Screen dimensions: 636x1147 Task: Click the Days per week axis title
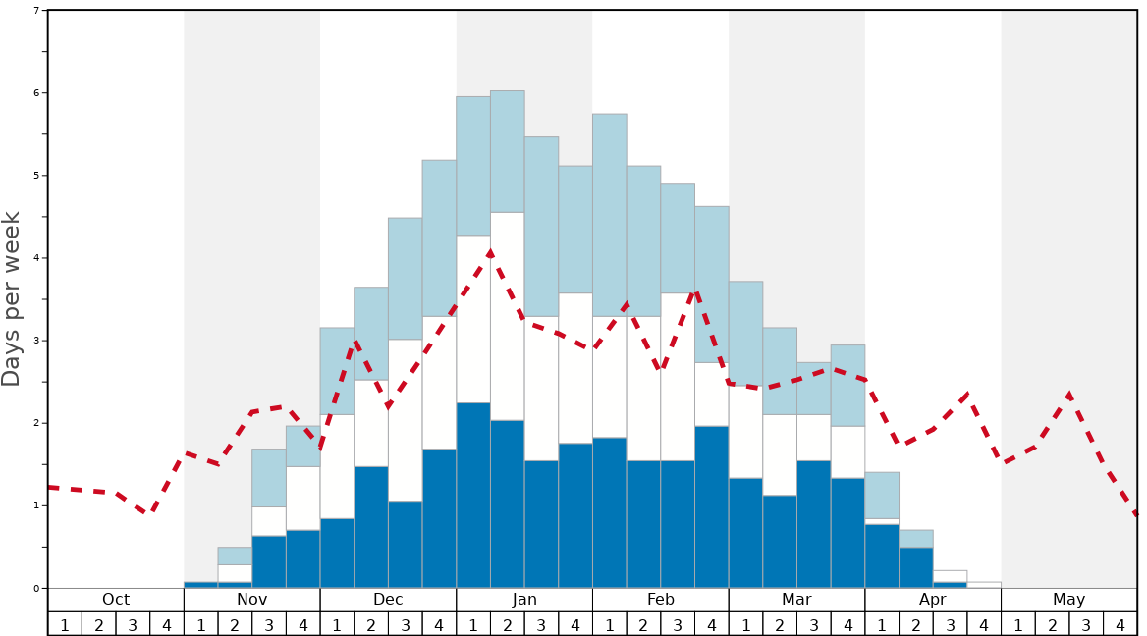coord(12,298)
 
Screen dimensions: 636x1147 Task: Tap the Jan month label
coord(524,600)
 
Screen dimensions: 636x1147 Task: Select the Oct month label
coord(116,600)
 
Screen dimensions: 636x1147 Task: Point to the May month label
coord(1069,600)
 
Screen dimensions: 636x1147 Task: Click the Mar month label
coord(796,600)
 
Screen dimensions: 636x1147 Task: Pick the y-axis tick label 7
coord(36,11)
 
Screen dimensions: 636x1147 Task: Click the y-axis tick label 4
coord(36,258)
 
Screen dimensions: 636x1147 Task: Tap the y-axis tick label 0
coord(36,589)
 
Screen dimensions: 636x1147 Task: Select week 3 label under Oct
coord(133,624)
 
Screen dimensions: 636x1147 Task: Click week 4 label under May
coord(1120,624)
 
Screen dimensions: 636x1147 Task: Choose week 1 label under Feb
coord(610,624)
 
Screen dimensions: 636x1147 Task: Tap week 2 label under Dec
coord(371,624)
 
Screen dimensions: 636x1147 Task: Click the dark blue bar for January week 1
coord(473,496)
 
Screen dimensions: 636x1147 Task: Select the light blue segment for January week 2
coord(508,151)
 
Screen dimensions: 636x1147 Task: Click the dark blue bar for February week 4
coord(712,507)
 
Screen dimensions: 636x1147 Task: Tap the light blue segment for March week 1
coord(745,334)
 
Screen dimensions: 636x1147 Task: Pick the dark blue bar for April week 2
coord(916,567)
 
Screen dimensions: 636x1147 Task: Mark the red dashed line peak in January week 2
coord(490,252)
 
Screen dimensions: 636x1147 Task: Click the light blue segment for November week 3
coord(269,478)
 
